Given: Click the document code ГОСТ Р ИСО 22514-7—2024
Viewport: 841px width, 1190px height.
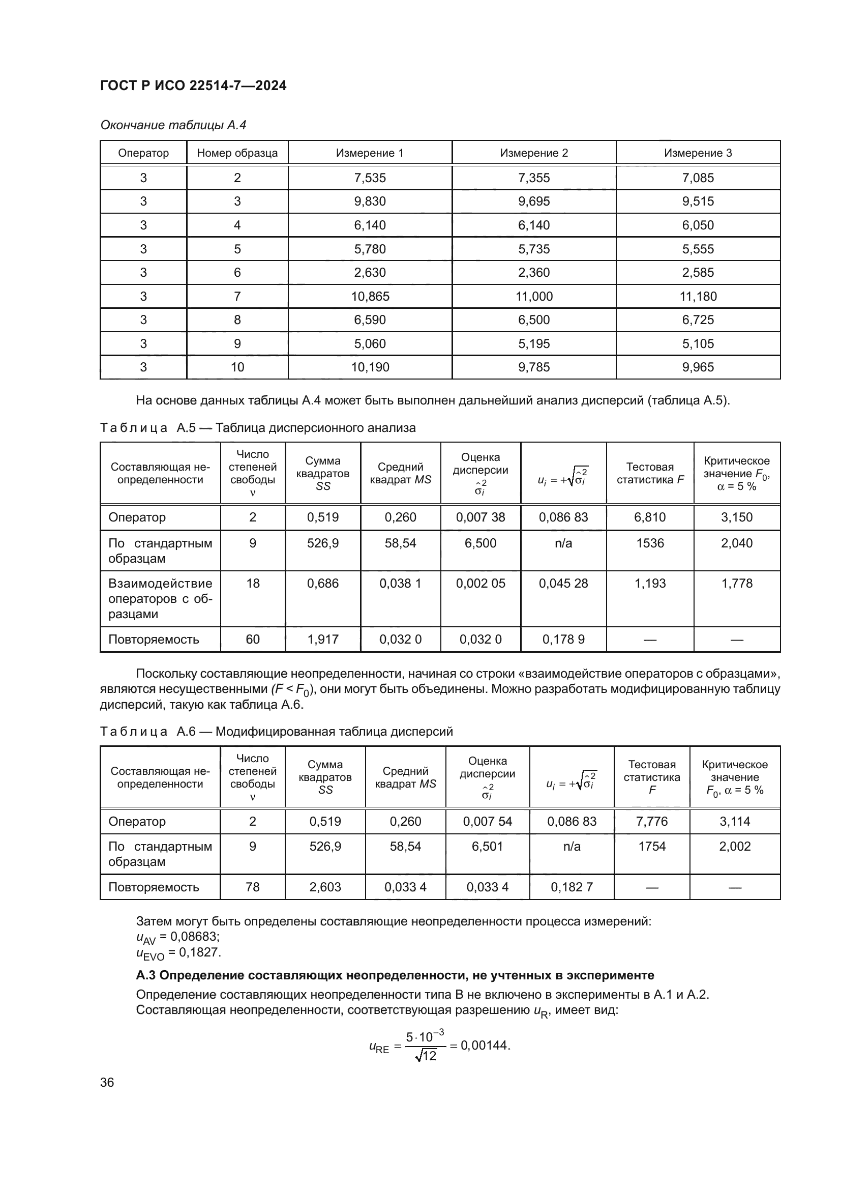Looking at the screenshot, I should click(x=193, y=85).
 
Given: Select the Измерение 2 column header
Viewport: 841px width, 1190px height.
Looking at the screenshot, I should click(x=534, y=153).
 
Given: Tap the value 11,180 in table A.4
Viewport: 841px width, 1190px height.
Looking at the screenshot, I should click(x=698, y=297).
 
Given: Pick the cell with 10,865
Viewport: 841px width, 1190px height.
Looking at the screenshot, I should click(x=370, y=297).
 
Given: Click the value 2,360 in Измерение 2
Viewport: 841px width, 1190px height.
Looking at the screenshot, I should click(x=534, y=273).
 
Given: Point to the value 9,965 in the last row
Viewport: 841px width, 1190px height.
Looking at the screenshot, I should click(x=698, y=367).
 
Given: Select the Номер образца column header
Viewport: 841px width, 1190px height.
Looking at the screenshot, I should click(x=237, y=153).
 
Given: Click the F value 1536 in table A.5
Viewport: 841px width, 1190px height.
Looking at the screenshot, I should click(x=650, y=543).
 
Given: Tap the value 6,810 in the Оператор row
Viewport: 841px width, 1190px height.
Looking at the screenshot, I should click(x=650, y=517).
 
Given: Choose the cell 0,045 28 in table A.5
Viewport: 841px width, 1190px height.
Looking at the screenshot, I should click(x=563, y=584).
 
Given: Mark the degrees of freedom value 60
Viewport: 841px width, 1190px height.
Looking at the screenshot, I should click(x=253, y=640).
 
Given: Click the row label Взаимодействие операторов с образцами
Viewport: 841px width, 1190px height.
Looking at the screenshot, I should click(x=161, y=599).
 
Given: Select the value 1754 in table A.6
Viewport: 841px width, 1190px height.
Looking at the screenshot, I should click(x=651, y=847).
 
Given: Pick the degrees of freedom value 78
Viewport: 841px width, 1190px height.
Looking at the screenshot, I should click(x=253, y=887).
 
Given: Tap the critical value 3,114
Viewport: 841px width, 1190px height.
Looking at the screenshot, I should click(x=734, y=822).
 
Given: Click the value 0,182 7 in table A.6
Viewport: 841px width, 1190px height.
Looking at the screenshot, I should click(x=572, y=887).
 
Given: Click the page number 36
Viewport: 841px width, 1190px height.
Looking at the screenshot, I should click(x=107, y=1083).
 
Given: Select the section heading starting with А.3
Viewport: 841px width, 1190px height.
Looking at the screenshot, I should click(x=395, y=975).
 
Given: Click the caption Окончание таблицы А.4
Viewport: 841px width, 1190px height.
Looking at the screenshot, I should click(x=173, y=125).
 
